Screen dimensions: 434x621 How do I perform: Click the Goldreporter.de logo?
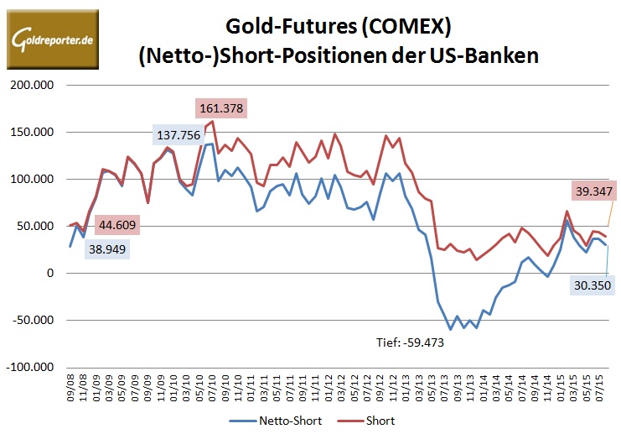pyautogui.click(x=52, y=39)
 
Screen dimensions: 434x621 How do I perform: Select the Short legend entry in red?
pyautogui.click(x=368, y=420)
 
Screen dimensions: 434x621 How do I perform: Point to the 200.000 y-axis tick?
pyautogui.click(x=30, y=85)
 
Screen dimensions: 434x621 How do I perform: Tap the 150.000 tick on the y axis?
pyautogui.click(x=30, y=132)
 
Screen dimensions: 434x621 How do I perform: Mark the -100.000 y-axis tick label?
pyautogui.click(x=28, y=367)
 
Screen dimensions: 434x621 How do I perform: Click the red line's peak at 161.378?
pyautogui.click(x=213, y=121)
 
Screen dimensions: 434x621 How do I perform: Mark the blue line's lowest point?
pyautogui.click(x=450, y=329)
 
